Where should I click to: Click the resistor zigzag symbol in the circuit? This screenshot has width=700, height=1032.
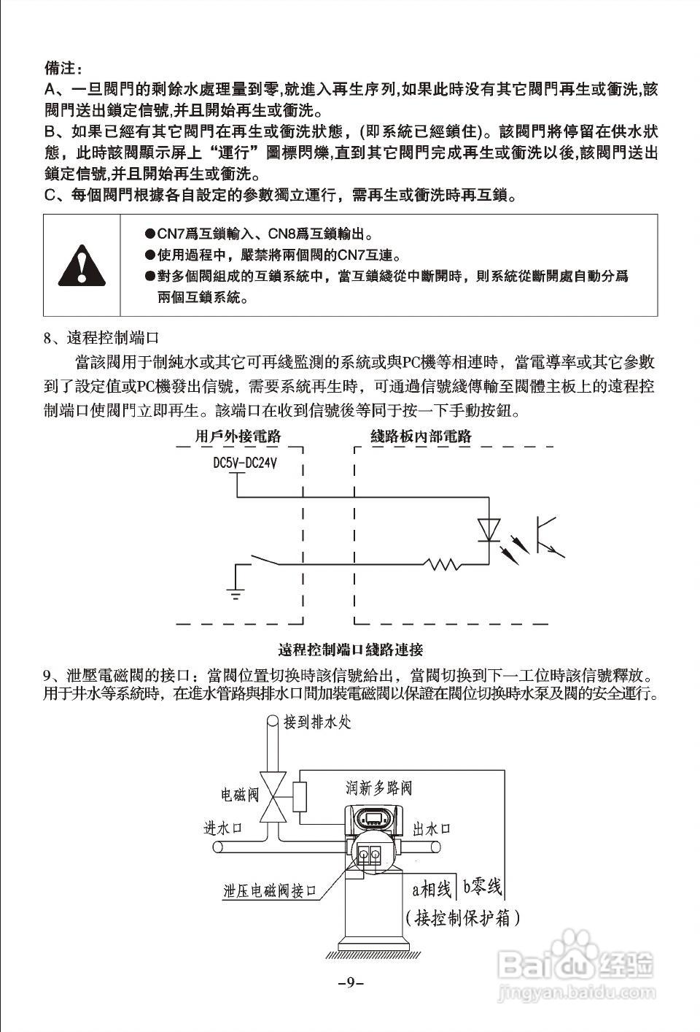point(441,563)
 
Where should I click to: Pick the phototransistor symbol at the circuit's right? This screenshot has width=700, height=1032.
point(547,537)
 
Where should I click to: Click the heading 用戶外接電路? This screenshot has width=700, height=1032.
point(238,436)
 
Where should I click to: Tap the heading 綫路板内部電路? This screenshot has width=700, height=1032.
point(421,436)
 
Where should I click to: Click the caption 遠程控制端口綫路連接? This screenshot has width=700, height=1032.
point(351,650)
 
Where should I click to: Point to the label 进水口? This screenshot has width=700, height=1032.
point(222,828)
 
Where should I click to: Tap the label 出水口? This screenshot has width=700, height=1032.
point(432,828)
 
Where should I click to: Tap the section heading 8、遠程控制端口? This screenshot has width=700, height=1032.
point(101,338)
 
